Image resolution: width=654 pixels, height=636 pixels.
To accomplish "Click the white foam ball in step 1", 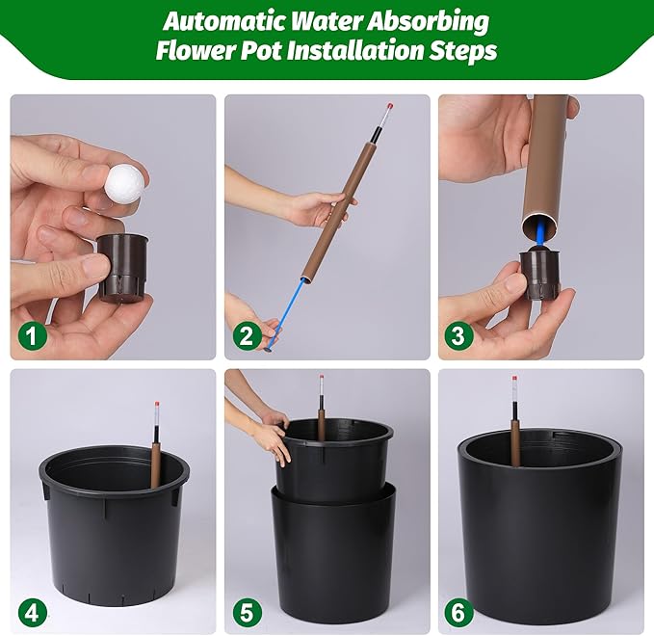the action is coord(121,184).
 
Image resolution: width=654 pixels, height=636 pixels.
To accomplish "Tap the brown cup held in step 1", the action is coord(122,268).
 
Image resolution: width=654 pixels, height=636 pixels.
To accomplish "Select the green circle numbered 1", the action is coord(32,335).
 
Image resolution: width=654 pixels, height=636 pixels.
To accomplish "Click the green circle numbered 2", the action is coord(247,335).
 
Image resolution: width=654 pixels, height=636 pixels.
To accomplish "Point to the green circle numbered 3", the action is coord(458,335).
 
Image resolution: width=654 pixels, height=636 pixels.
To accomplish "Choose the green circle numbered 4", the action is coord(32,613).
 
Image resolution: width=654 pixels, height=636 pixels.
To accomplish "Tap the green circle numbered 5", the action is coord(247,613).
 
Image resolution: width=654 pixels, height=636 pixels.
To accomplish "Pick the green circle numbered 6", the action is coord(458,613).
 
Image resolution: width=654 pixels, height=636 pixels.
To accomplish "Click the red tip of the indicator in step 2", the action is coord(390,106).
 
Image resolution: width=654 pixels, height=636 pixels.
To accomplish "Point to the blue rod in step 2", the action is coord(287,313).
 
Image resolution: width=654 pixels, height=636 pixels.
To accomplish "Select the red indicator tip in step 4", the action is coord(157,405).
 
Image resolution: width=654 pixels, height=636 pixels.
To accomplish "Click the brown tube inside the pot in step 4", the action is coord(156,465).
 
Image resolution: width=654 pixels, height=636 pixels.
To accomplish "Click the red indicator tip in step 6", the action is coord(514,379).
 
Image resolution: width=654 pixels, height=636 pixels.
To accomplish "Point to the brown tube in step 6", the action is coord(516,443).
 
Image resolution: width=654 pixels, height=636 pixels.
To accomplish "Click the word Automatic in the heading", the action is coord(224,22).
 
